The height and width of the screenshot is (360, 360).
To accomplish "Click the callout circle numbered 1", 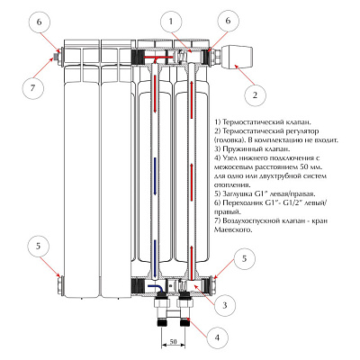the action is pyautogui.click(x=171, y=22).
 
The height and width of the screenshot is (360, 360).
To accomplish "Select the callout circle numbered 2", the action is pyautogui.click(x=255, y=95).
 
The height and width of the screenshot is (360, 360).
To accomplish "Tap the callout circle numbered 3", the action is pyautogui.click(x=225, y=306).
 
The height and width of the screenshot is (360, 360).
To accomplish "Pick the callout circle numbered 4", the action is pyautogui.click(x=217, y=337).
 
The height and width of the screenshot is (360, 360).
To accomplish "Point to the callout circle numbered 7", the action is pyautogui.click(x=33, y=88).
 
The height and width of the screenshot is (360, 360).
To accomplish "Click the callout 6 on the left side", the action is pyautogui.click(x=40, y=22).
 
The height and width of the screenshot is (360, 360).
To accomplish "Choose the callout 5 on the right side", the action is pyautogui.click(x=245, y=258).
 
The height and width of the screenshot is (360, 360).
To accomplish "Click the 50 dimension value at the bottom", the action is pyautogui.click(x=173, y=341).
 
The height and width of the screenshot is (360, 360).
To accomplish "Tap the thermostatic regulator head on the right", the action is pyautogui.click(x=238, y=56).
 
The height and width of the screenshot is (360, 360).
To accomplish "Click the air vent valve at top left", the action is pyautogui.click(x=55, y=57).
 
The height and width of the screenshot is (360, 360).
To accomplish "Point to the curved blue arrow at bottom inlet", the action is pyautogui.click(x=157, y=288).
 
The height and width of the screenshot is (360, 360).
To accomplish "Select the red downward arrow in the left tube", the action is pyautogui.click(x=155, y=94).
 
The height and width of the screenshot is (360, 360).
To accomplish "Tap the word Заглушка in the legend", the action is pyautogui.click(x=238, y=193).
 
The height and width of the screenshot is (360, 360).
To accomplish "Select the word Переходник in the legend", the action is pyautogui.click(x=242, y=202).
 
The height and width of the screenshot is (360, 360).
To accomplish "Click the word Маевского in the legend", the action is pyautogui.click(x=232, y=230).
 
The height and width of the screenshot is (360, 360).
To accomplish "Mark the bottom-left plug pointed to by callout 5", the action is pyautogui.click(x=61, y=286).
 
